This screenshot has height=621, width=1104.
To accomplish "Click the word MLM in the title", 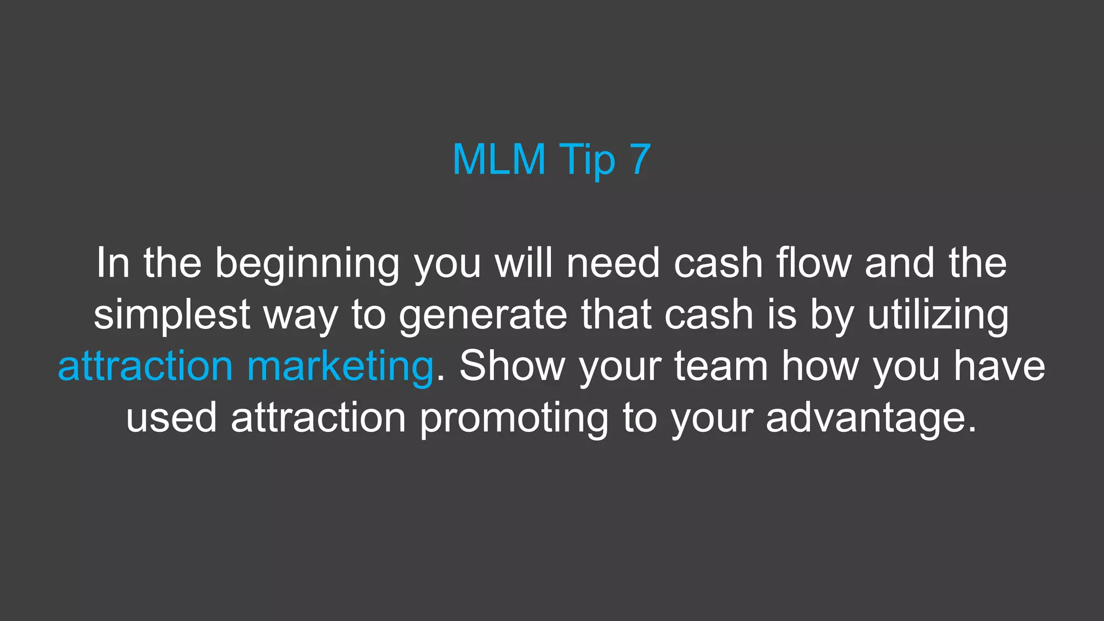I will coord(499,160).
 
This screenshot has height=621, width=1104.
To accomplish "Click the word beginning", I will coord(307,264).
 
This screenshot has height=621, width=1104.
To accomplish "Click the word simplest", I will coord(172,315).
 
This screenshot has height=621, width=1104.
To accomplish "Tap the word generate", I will coord(483,315).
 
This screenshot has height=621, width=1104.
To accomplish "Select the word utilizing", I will coord(938,315).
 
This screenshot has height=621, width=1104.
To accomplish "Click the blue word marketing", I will coord(340,367).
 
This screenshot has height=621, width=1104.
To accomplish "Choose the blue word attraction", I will coord(145,367).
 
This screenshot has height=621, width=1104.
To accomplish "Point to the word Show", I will coord(512,366).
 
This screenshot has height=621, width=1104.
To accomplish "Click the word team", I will coord(721,367).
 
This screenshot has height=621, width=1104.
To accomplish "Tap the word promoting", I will coord(514,418).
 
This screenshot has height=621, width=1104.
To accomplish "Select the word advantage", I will coord(871,418).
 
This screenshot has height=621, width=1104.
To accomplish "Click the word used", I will coord(171,418).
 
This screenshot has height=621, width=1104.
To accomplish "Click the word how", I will coord(820,366).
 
